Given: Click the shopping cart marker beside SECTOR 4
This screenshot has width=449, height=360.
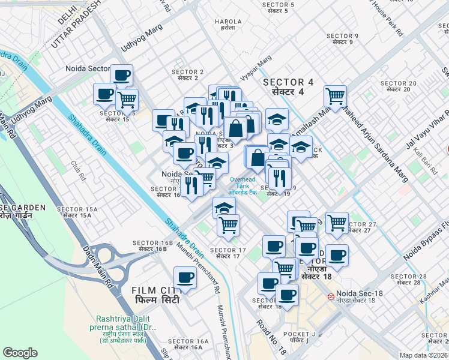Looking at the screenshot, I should point(335,96).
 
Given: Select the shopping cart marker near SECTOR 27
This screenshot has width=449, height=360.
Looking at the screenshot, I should point(337,223).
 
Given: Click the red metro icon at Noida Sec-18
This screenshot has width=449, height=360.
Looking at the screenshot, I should point(330,297).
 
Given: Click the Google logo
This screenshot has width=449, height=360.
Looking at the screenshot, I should point(20,353).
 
